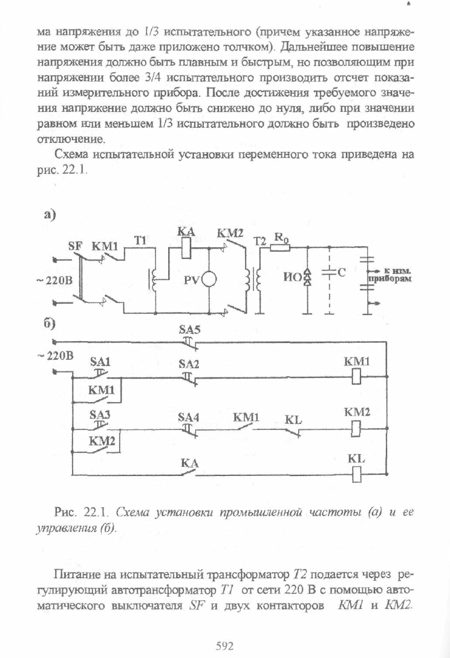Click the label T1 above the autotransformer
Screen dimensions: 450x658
pos(140,241)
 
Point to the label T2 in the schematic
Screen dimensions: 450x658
pos(260,241)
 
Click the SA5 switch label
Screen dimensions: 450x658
pos(190,330)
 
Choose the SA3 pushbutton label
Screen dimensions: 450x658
pos(100,415)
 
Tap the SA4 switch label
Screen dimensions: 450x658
pos(189,417)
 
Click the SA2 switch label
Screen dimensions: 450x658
pos(189,364)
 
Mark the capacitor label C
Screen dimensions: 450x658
pos(341,272)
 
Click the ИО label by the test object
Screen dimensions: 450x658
pos(293,278)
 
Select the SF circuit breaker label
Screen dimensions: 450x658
pos(76,246)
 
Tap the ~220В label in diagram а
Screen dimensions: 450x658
pos(53,280)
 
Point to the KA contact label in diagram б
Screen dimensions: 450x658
pos(190,463)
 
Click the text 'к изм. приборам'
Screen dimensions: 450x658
pos(389,275)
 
